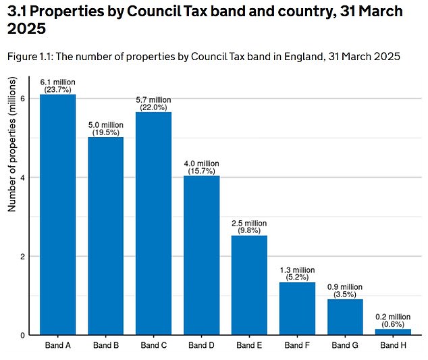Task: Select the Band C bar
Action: tap(153, 224)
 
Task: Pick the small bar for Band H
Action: tap(393, 332)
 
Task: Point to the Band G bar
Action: tap(345, 317)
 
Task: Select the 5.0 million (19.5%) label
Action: tap(105, 128)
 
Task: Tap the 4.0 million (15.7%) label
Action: tap(201, 167)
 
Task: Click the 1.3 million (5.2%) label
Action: tap(297, 274)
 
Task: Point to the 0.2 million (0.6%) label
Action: tap(393, 320)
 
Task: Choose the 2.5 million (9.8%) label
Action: tap(249, 227)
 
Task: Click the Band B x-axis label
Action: tap(105, 345)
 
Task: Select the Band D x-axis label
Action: tap(201, 345)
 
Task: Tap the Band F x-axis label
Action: tap(297, 345)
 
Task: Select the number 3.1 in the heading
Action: tap(19, 12)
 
